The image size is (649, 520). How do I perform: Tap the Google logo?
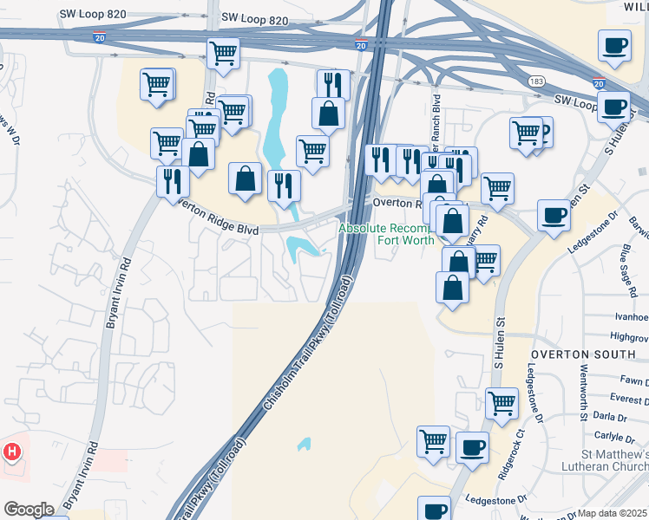(29, 510)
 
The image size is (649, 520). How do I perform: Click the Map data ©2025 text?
(613, 513)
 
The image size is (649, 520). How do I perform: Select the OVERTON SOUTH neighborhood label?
(576, 354)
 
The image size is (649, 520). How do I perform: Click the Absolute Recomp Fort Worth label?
(385, 233)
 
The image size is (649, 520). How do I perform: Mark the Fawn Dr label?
(634, 381)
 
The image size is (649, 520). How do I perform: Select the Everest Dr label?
(629, 400)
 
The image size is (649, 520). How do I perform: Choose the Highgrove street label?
(629, 335)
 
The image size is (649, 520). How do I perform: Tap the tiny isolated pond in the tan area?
(304, 444)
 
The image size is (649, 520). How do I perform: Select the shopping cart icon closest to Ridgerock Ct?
(502, 403)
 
